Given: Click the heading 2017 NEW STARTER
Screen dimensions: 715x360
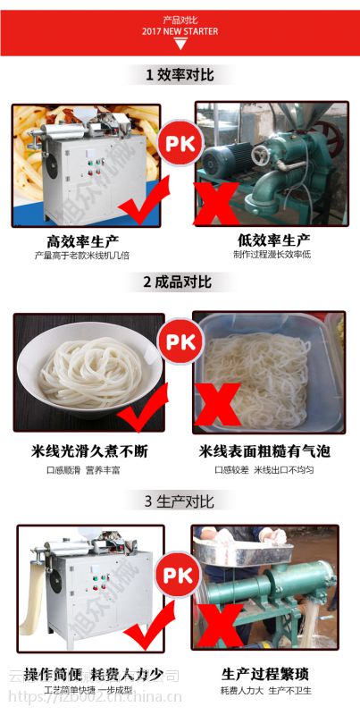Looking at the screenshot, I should click(180, 30).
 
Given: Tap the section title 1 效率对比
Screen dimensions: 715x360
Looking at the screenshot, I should click(180, 75).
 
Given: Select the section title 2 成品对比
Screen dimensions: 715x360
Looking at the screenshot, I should click(179, 282).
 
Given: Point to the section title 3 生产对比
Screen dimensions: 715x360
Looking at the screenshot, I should click(179, 500).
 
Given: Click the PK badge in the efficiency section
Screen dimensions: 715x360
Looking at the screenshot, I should click(180, 143).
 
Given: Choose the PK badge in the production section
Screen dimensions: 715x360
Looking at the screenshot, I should click(180, 572).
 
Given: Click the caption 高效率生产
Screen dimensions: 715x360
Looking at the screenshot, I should click(83, 240).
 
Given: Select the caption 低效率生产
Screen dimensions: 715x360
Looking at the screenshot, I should click(273, 240).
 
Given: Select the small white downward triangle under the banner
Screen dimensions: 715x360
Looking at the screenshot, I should click(180, 44).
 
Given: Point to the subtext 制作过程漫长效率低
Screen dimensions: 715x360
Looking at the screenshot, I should click(272, 255).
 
